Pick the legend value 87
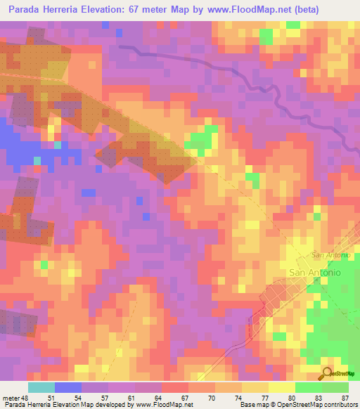pyautogui.click(x=345, y=397)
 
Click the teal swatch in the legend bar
pyautogui.click(x=41, y=387)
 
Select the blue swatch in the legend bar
pyautogui.click(x=68, y=387)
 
